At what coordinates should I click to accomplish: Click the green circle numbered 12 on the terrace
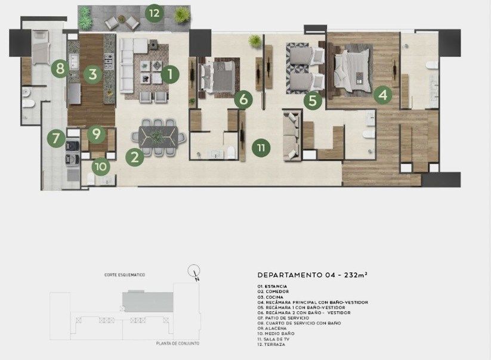pos(155,13)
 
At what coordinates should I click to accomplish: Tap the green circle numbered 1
pos(170,75)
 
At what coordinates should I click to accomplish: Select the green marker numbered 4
pos(383,94)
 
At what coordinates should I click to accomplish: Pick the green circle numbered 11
pos(261,148)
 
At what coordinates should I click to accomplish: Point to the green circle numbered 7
pos(56,138)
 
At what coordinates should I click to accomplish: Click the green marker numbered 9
pos(97,134)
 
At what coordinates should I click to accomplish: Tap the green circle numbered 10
pos(101,166)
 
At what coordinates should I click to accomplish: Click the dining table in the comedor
pos(159,136)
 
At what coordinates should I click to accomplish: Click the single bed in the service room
pos(41,47)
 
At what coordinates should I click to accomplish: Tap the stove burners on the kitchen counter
pos(109,61)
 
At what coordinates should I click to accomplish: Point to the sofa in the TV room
pos(292,135)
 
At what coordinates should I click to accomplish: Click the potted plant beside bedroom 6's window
pos(255,41)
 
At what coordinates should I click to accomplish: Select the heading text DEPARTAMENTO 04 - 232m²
pos(312,275)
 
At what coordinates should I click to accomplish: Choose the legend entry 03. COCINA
pos(270,297)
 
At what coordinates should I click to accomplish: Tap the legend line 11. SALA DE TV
pos(273,339)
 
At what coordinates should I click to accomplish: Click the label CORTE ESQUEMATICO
pos(125,275)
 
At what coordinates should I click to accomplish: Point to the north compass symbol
pos(194,271)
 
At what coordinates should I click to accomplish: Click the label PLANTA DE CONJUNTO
pos(178,343)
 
